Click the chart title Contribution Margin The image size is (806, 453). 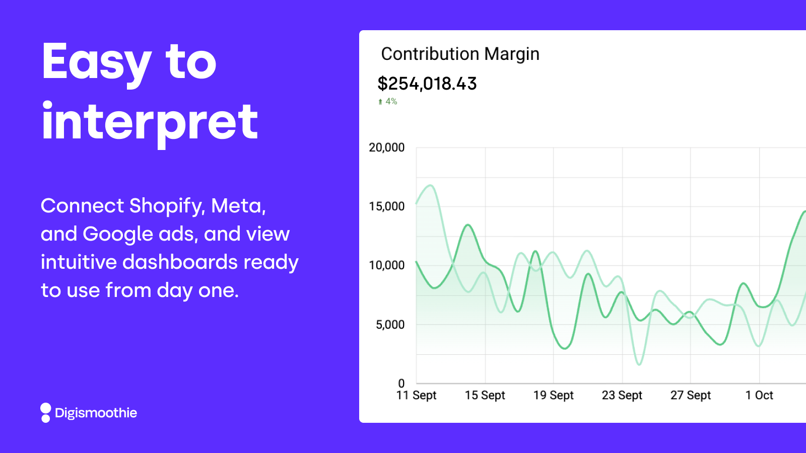[x=460, y=54]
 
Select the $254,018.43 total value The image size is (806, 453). [x=427, y=84]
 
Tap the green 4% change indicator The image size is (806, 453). [x=388, y=102]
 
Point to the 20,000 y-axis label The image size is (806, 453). [x=386, y=147]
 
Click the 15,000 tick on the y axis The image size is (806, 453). [x=386, y=206]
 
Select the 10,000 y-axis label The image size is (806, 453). [x=386, y=265]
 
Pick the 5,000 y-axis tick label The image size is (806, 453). [x=390, y=325]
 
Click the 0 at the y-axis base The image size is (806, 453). [x=401, y=384]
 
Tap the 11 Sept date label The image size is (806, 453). [x=416, y=396]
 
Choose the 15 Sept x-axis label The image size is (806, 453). [x=485, y=396]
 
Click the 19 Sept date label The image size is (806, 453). [x=553, y=396]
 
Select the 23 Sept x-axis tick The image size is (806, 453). [x=622, y=396]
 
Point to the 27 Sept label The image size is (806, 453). [x=690, y=396]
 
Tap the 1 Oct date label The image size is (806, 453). [x=759, y=396]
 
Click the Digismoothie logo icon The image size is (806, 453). [x=46, y=413]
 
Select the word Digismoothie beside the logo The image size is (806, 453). [x=96, y=413]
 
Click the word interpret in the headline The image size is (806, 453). [x=150, y=122]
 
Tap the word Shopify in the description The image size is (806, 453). [x=166, y=206]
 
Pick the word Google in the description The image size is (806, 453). [x=118, y=234]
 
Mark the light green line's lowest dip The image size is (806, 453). [x=639, y=364]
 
